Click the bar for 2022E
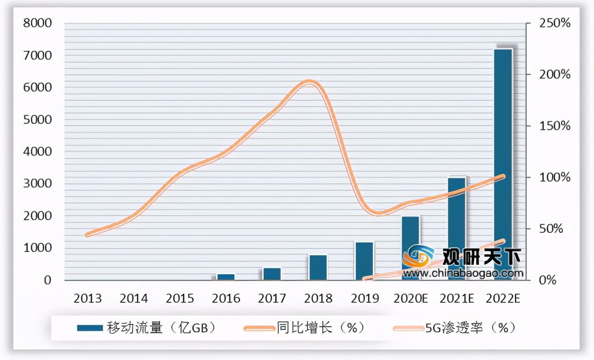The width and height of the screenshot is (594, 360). tap(503, 159)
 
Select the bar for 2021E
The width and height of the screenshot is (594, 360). tap(457, 222)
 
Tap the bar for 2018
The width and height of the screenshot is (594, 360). tap(318, 267)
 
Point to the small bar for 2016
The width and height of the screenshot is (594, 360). tap(226, 276)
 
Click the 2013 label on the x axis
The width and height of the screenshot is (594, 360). tap(88, 298)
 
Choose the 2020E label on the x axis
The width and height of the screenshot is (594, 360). tap(411, 298)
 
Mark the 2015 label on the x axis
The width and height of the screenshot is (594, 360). tap(180, 298)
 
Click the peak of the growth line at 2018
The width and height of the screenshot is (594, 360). tap(311, 82)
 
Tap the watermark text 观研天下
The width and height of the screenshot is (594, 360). tap(482, 257)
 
